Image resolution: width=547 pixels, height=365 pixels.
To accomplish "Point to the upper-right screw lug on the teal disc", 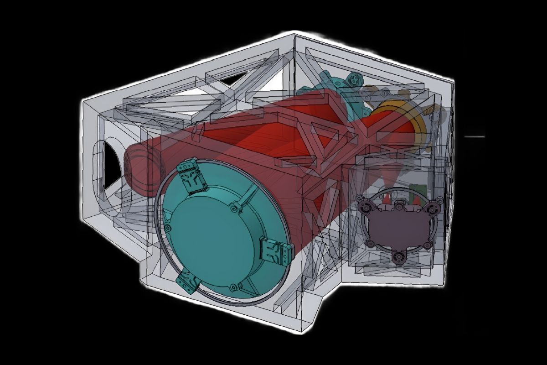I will coord(235,208).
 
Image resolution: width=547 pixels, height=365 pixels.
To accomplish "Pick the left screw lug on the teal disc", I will coord(169,227).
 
